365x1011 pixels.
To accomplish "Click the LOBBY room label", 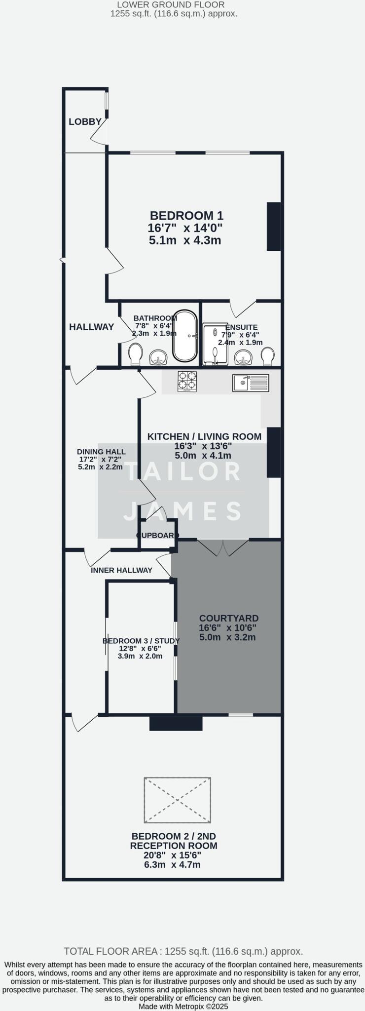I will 85,121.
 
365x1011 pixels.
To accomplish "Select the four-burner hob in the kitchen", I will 187,382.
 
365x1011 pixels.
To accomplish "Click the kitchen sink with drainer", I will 251,383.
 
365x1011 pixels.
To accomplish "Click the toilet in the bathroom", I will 135,354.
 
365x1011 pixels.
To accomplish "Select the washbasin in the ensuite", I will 243,357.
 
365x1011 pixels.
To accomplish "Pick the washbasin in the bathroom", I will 158,357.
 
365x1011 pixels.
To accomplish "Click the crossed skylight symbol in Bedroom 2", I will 178,800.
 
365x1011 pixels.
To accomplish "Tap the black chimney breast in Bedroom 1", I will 274,226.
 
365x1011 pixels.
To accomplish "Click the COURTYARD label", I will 228,618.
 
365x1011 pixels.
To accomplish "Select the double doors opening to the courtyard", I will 223,547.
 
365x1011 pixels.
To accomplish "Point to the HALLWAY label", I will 91,327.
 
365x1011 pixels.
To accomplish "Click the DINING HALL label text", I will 101,452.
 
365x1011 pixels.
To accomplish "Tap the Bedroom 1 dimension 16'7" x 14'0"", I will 185,228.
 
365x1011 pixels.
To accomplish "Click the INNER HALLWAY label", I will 121,570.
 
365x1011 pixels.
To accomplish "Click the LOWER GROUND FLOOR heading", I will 174,5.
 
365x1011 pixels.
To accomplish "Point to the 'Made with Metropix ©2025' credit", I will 183,1006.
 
